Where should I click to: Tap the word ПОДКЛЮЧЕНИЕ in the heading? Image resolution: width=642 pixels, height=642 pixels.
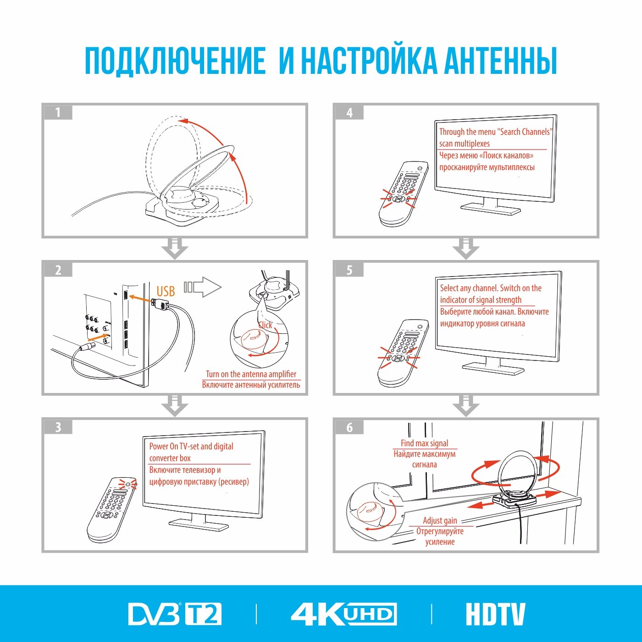tap(175, 61)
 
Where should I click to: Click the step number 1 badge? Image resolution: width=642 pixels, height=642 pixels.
tap(58, 112)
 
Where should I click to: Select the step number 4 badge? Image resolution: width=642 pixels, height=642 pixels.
tap(349, 112)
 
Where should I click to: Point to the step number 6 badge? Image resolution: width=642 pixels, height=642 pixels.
tap(349, 427)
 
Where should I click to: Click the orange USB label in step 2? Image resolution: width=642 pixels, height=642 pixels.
tap(166, 291)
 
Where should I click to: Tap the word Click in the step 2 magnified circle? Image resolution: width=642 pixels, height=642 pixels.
tap(265, 325)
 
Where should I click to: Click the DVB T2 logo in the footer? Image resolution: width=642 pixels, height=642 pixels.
tap(175, 614)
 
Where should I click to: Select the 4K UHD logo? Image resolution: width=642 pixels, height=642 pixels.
tap(343, 614)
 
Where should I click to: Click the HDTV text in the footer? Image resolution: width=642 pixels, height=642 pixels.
tap(495, 614)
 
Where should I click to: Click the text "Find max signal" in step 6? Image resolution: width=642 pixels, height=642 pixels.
tap(424, 443)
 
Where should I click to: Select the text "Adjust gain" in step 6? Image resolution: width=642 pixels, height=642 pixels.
tap(440, 520)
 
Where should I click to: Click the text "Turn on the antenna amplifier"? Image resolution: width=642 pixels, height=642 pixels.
tap(251, 374)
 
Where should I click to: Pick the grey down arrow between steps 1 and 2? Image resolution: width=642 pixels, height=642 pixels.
tap(175, 249)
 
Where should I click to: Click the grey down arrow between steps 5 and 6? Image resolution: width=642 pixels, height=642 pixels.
tap(466, 406)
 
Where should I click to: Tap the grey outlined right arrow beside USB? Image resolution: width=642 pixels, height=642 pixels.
tap(203, 287)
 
